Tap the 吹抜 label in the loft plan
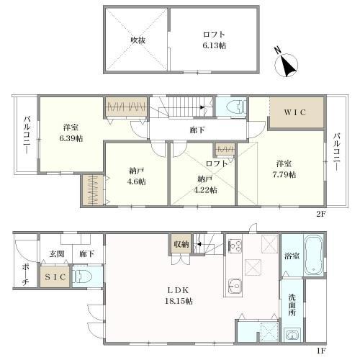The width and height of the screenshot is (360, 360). click(x=138, y=40)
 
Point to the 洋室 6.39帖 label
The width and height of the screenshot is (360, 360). click(x=71, y=132)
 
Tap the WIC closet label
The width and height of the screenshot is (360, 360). click(x=295, y=113)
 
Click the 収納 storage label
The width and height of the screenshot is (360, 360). click(x=180, y=245)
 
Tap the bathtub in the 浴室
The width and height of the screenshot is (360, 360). click(x=314, y=256)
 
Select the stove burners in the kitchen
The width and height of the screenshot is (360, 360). click(x=235, y=246)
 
